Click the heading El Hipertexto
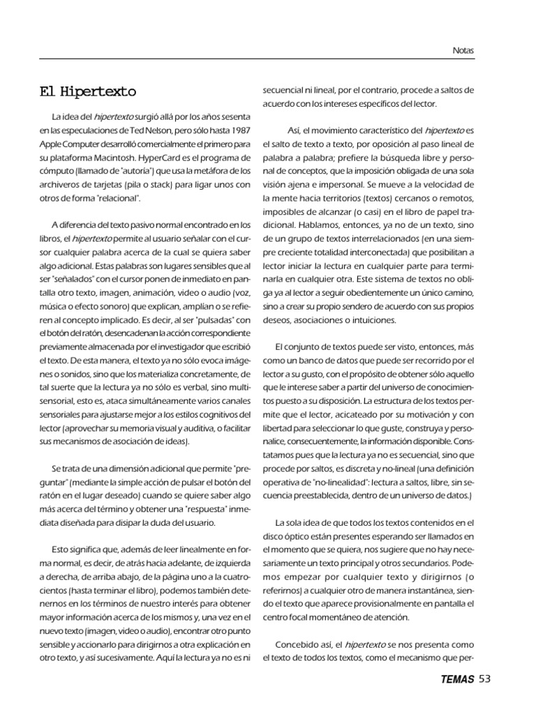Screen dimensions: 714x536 [x=87, y=91]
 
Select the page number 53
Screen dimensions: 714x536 [x=486, y=678]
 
